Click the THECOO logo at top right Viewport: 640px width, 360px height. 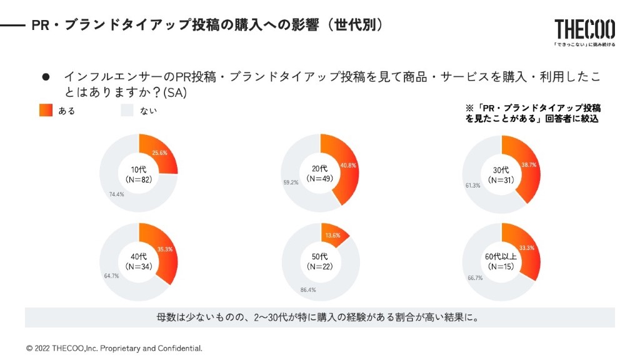pos(584,29)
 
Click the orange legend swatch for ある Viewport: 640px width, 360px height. pos(46,111)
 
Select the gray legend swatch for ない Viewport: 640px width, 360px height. pos(127,111)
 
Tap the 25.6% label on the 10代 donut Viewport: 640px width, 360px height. pos(159,153)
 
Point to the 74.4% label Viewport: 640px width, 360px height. pos(116,194)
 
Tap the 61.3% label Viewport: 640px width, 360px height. pos(472,186)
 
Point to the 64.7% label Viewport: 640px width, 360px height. pos(111,276)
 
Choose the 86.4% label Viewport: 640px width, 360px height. pos(308,290)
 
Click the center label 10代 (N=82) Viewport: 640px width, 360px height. pos(139,174)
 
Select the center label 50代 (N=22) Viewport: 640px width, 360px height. pos(320,261)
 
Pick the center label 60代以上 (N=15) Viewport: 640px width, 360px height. pos(501,261)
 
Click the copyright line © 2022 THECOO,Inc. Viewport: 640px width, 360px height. pos(114,348)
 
